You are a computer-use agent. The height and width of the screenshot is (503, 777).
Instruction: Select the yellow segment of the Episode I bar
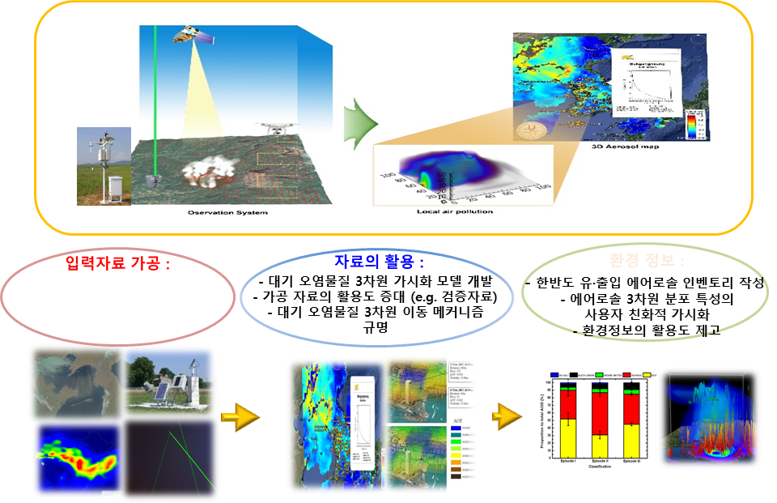coord(569,433)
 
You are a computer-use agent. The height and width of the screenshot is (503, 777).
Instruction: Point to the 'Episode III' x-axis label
coord(633,461)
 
